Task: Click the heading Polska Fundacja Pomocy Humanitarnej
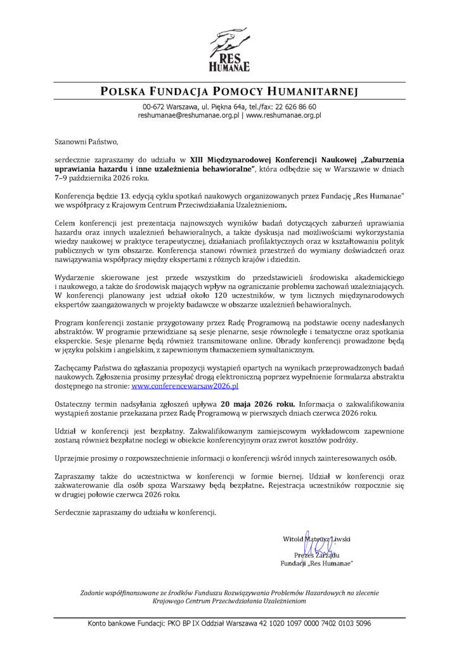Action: (229, 92)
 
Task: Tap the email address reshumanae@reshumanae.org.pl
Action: (188, 116)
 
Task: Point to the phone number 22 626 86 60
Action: (294, 107)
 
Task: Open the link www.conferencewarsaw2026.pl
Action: (184, 385)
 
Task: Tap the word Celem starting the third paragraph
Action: (65, 224)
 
